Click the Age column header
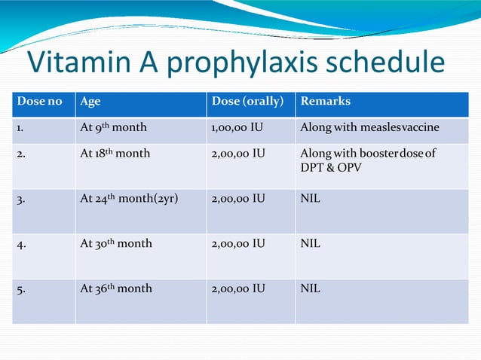click(x=90, y=102)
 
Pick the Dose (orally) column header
click(x=247, y=102)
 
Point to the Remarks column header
click(x=326, y=102)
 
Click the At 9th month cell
click(x=113, y=127)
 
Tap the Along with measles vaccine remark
click(x=369, y=127)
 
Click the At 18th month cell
click(x=115, y=154)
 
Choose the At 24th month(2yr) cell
click(x=128, y=199)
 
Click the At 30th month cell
click(x=115, y=244)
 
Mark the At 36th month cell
click(x=115, y=289)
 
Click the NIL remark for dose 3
click(x=310, y=199)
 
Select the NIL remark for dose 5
click(x=310, y=289)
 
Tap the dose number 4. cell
click(x=22, y=244)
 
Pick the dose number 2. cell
click(x=22, y=154)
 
